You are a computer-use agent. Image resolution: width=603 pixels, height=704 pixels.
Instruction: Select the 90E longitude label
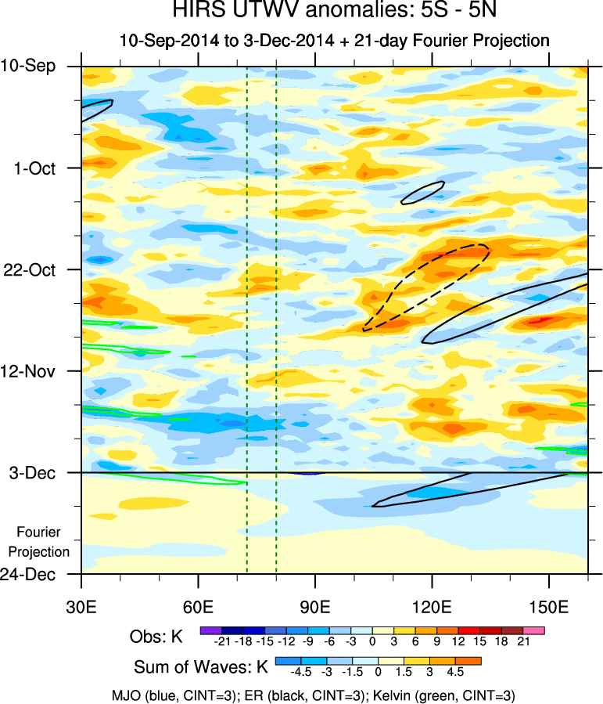tap(315, 608)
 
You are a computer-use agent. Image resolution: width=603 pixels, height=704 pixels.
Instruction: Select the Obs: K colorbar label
tap(156, 637)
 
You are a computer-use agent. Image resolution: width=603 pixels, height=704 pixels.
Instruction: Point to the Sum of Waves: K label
tap(200, 668)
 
